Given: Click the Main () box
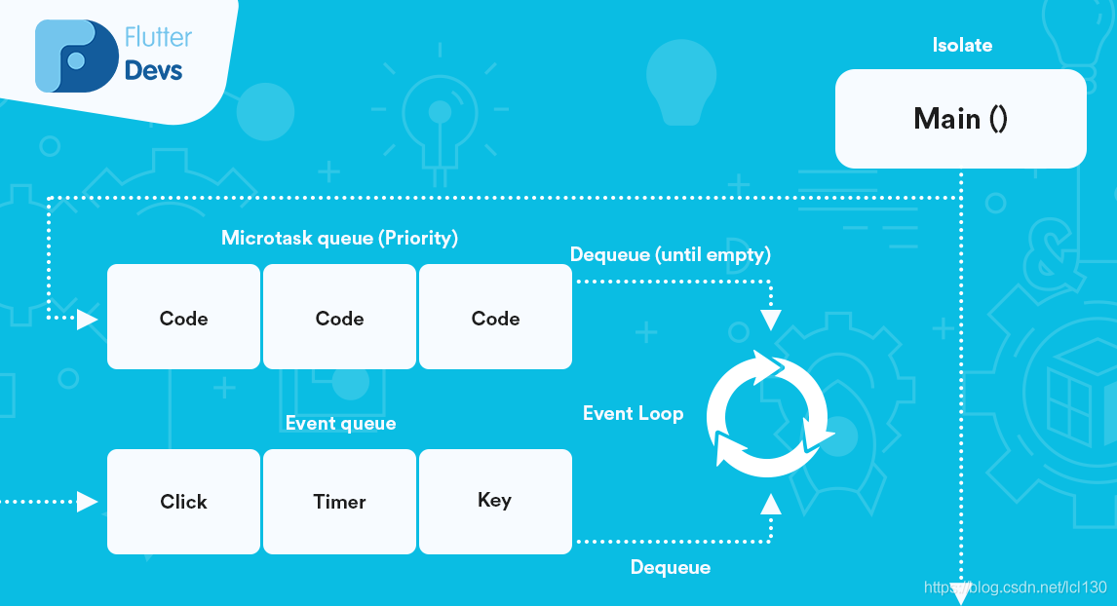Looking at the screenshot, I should (960, 119).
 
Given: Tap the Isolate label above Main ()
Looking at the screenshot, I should (961, 46).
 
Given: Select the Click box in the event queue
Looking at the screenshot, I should (183, 502).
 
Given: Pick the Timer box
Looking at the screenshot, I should (339, 502).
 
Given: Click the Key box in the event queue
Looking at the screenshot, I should (494, 501).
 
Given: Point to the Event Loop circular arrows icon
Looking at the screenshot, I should (770, 413).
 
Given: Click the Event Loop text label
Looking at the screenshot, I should (633, 413).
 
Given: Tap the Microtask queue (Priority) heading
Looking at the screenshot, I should (339, 238).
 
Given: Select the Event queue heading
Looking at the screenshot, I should (340, 423).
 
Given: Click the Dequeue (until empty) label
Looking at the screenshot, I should (670, 254).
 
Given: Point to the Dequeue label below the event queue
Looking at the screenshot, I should (670, 567).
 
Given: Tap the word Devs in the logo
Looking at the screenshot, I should (153, 71).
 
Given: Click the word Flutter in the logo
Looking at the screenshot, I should (158, 38).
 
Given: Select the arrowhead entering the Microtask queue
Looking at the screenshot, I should (88, 319).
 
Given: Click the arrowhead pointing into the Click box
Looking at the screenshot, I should (88, 502).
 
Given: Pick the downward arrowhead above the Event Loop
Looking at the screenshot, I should (770, 320).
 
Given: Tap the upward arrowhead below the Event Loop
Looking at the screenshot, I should (770, 503).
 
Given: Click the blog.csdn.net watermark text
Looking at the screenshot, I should (1014, 587).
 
